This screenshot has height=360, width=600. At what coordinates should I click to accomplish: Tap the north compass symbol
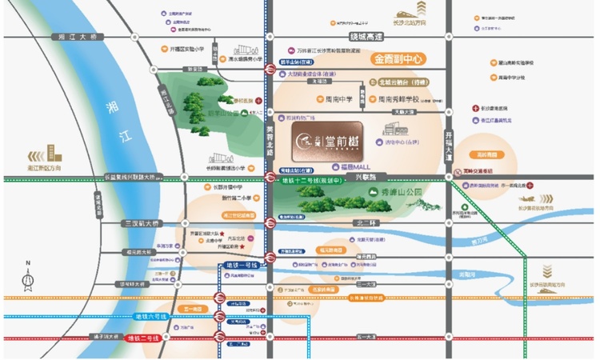pyautogui.click(x=28, y=276)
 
